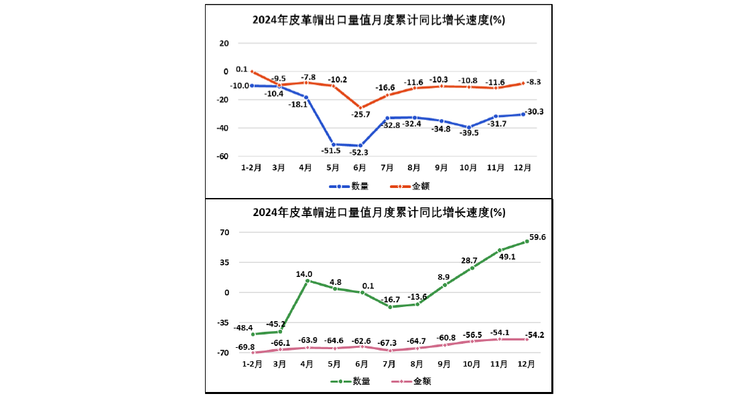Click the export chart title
pos(379,20)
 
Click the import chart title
pos(379,213)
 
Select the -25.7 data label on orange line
pos(361,114)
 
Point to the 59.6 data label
pos(537,237)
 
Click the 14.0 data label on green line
pos(305,274)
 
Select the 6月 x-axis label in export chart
pos(360,168)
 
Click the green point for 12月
pos(527,241)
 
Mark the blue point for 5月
pos(333,144)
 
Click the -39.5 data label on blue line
pos(468,133)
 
